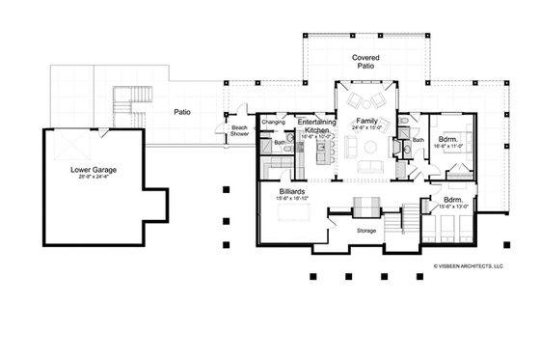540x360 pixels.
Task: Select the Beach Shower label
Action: pos(239,131)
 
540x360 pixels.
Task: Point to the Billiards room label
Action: pos(293,192)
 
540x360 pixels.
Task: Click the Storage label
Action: pos(365,231)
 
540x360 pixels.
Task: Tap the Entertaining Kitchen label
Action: pos(316,125)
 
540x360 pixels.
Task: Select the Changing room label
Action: pos(273,122)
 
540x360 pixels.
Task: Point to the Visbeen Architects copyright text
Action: pos(468,263)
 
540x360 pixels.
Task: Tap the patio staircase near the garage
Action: pos(128,103)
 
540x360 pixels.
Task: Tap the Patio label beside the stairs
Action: pos(181,112)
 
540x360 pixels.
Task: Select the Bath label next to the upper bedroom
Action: pos(418,140)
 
